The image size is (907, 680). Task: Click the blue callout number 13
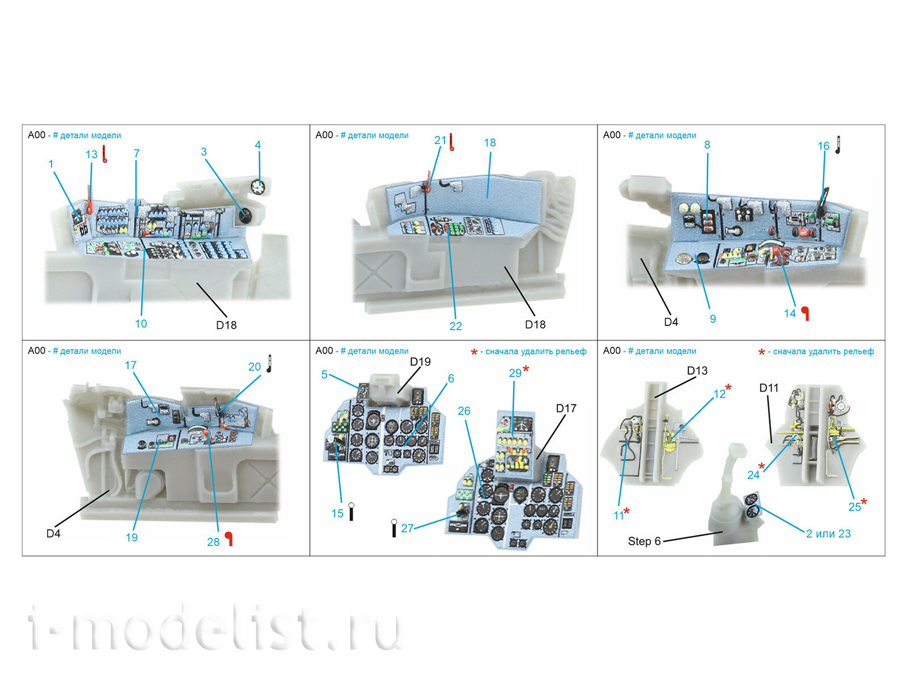[91, 154]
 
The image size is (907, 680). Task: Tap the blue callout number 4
[258, 145]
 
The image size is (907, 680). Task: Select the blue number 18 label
[490, 142]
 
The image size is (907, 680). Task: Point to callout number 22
[455, 326]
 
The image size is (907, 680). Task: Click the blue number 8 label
[707, 145]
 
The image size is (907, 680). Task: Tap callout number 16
[824, 146]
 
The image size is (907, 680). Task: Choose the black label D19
[420, 362]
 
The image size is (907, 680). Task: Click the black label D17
[566, 409]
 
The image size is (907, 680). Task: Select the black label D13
[697, 371]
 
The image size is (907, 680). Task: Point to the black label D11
[769, 388]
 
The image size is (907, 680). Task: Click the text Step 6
[644, 541]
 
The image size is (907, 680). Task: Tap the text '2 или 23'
[828, 533]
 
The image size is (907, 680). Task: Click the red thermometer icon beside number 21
[452, 142]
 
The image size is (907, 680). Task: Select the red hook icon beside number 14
[805, 314]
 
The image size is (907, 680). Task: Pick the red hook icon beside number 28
[228, 539]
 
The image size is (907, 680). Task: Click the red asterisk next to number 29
[525, 368]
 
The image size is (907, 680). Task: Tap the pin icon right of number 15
[351, 511]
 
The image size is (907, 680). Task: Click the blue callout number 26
[464, 411]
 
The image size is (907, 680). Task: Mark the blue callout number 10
[141, 324]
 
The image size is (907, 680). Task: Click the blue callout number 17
[130, 365]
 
